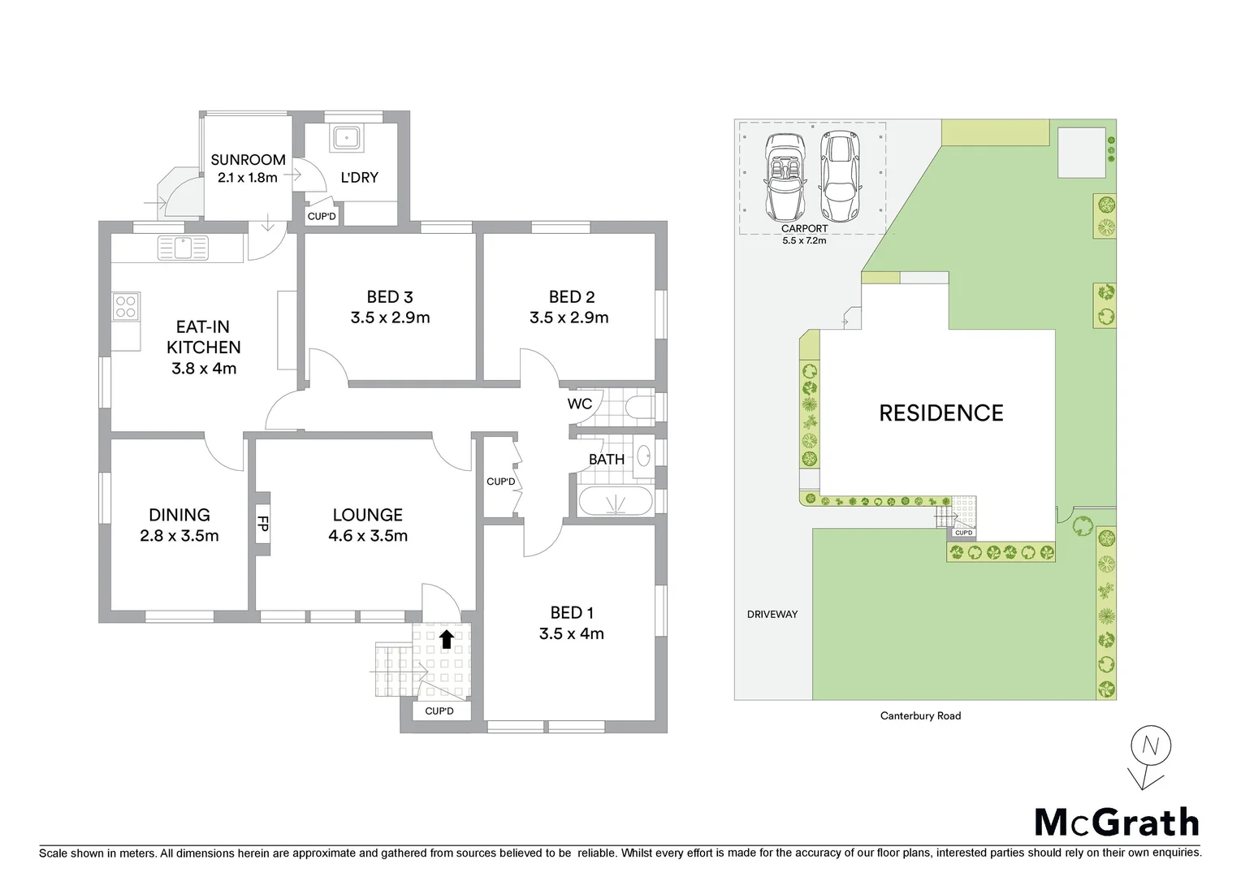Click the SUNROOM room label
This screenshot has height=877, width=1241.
tap(248, 160)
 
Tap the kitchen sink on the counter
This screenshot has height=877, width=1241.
tap(183, 248)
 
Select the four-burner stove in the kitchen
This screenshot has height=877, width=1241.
tap(126, 306)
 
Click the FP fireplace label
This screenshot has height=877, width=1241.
tap(262, 524)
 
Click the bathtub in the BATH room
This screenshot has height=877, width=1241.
tap(615, 502)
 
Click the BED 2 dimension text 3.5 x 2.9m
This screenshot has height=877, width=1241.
tap(569, 318)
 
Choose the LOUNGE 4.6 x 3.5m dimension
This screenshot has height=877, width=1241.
tap(368, 536)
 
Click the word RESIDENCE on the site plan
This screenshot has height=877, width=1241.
tap(940, 413)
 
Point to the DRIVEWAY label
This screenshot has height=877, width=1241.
tap(772, 615)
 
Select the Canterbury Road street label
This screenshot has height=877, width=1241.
tap(920, 716)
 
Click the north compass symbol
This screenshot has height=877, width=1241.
tap(1149, 750)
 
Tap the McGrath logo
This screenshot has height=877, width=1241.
tap(1116, 823)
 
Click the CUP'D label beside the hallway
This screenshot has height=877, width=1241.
tap(501, 482)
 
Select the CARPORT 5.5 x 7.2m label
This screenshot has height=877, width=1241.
tap(804, 235)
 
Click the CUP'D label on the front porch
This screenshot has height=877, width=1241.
tap(439, 711)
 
